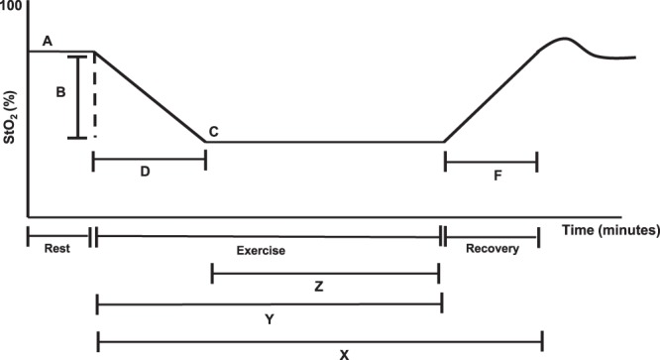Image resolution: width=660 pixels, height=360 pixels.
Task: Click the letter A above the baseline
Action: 48,41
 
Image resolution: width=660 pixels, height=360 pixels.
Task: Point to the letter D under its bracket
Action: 145,173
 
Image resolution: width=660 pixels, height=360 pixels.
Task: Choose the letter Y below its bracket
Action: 270,320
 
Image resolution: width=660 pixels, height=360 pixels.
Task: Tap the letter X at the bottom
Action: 318,353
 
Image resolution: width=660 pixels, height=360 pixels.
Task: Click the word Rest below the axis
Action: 57,250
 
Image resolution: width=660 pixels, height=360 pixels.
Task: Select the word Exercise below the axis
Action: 261,251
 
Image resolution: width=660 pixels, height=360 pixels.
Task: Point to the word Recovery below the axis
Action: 492,250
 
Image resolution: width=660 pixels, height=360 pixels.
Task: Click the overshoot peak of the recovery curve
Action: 561,39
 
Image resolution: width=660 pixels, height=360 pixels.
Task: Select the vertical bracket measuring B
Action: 77,96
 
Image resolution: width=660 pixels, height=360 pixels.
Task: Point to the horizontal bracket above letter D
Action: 149,159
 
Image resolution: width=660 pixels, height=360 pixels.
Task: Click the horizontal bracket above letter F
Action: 491,160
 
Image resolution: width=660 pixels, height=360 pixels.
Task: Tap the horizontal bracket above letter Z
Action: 325,270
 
